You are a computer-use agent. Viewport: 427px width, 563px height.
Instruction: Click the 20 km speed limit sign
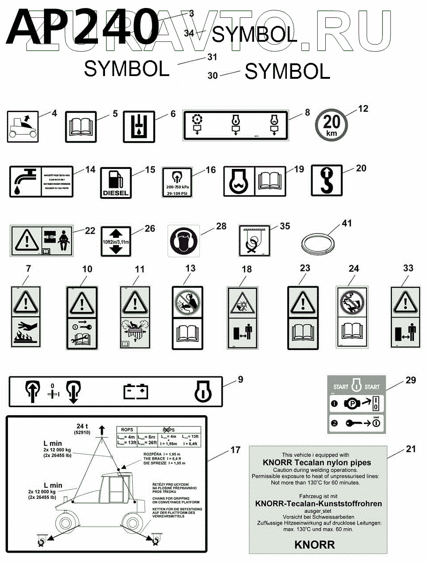click(331, 125)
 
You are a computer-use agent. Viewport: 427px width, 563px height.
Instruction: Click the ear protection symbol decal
click(184, 241)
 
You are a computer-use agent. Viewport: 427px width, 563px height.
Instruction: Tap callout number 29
click(411, 380)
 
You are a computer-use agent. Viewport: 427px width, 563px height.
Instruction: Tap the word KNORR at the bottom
click(315, 545)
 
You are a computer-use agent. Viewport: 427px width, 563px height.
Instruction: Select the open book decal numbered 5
click(81, 126)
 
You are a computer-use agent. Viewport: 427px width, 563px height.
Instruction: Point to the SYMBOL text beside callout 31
click(127, 69)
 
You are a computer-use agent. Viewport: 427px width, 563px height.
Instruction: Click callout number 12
click(363, 108)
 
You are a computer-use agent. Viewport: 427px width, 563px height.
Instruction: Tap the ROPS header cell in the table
click(127, 429)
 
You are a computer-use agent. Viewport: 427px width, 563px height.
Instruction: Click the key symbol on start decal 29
click(351, 423)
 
